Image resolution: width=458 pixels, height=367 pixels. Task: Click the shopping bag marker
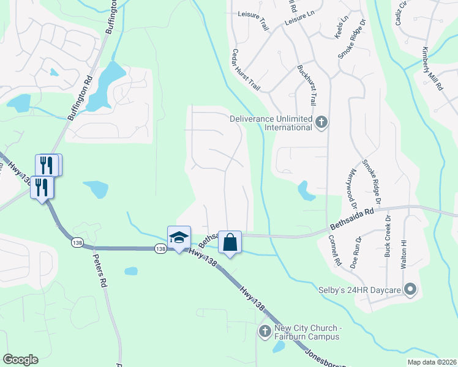tap(230, 243)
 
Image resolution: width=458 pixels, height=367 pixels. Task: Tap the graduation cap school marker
tap(179, 238)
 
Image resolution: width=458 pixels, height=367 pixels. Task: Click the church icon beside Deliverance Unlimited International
tap(321, 123)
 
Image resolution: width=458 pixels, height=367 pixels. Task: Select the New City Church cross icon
tap(265, 332)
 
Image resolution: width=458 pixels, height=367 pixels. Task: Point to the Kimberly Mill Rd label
tap(433, 69)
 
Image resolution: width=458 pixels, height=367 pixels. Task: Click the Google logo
tap(20, 360)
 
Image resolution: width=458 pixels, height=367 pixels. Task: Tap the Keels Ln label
tap(341, 28)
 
